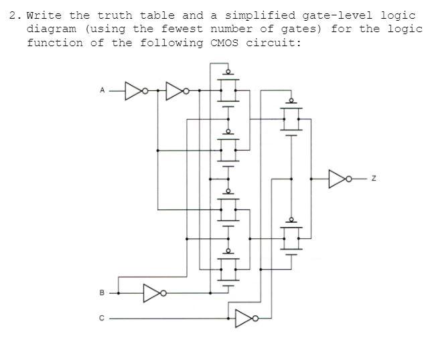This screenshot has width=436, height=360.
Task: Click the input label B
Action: [102, 292]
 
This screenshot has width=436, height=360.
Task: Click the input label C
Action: [102, 319]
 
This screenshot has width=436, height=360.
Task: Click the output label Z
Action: [374, 178]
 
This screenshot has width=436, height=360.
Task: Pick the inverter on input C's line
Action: [244, 319]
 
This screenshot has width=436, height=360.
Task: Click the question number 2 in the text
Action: [13, 15]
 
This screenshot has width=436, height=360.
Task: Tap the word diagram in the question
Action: [51, 29]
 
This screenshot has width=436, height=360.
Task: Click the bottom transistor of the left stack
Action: [228, 269]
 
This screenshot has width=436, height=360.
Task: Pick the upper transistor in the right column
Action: [291, 118]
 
